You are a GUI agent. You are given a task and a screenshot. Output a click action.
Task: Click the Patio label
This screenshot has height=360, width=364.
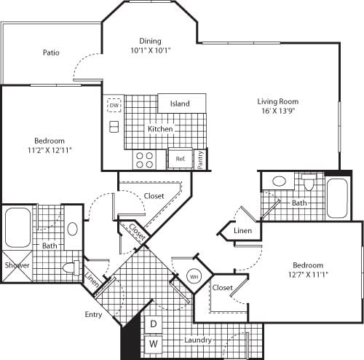coord(50,52)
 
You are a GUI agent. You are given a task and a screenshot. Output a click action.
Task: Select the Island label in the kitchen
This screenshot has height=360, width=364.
coord(180,103)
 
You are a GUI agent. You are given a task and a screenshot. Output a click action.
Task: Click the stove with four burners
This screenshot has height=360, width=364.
coord(143,158)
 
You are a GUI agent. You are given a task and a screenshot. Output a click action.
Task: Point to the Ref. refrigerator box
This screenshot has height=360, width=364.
coord(180,158)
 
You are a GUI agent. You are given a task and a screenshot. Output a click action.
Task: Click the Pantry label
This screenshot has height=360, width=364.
coord(202,158)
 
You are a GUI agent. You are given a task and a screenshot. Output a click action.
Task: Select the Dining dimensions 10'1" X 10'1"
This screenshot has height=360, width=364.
coord(150,51)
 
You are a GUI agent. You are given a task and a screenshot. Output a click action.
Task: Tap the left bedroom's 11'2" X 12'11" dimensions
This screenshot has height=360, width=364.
coord(50,150)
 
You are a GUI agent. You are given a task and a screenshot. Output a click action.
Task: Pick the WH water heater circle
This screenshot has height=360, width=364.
coord(194,277)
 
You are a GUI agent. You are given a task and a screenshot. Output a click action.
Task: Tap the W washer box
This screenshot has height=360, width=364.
coord(154,342)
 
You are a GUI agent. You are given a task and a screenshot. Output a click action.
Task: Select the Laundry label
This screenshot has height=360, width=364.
coord(198,340)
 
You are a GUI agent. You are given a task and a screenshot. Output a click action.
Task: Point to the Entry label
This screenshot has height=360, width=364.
coord(92,315)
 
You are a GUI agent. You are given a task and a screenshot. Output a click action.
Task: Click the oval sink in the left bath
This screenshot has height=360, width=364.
coord(72,228)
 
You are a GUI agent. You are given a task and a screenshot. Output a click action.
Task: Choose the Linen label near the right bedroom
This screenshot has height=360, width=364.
coord(242,231)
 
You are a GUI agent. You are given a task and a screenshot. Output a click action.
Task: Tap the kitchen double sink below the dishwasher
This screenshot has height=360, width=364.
coord(114,127)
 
